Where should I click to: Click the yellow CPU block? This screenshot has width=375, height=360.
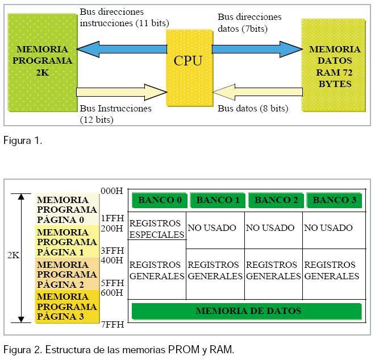(189, 67)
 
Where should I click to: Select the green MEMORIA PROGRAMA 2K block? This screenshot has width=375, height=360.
(43, 61)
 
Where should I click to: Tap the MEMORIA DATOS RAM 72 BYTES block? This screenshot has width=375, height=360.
(335, 65)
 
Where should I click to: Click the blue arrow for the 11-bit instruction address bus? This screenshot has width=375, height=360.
(122, 49)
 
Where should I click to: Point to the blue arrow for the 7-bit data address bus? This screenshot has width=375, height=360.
(257, 49)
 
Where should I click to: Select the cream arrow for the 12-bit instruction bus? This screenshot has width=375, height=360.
(121, 92)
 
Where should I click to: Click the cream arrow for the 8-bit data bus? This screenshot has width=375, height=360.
(257, 92)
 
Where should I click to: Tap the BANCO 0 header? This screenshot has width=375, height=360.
(159, 200)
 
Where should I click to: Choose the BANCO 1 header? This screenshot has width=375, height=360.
(218, 200)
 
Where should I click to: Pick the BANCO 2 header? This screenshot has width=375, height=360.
(276, 200)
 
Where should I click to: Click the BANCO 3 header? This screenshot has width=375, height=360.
(334, 200)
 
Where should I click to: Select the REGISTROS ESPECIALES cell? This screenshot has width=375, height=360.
(157, 228)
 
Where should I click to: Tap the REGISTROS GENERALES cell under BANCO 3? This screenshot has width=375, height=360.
(332, 271)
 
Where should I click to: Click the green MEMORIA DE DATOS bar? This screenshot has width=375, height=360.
(247, 311)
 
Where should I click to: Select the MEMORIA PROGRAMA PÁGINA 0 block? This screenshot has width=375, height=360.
(66, 209)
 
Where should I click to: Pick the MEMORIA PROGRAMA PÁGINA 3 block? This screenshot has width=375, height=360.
(66, 307)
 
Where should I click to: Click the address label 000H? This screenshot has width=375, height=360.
(111, 191)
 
